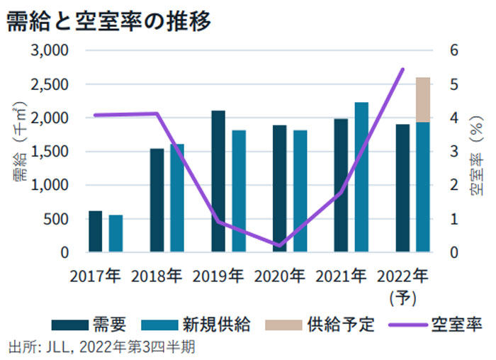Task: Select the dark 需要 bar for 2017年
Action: pyautogui.click(x=95, y=231)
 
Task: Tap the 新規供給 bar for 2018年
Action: pyautogui.click(x=177, y=198)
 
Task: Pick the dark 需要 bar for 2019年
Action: pyautogui.click(x=218, y=181)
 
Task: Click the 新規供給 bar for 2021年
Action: pyautogui.click(x=361, y=177)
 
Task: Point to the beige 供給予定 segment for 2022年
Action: pyautogui.click(x=423, y=100)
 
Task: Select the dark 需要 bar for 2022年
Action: pyautogui.click(x=402, y=188)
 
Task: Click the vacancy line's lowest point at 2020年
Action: pyautogui.click(x=279, y=246)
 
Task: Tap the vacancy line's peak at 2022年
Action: pyautogui.click(x=403, y=69)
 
